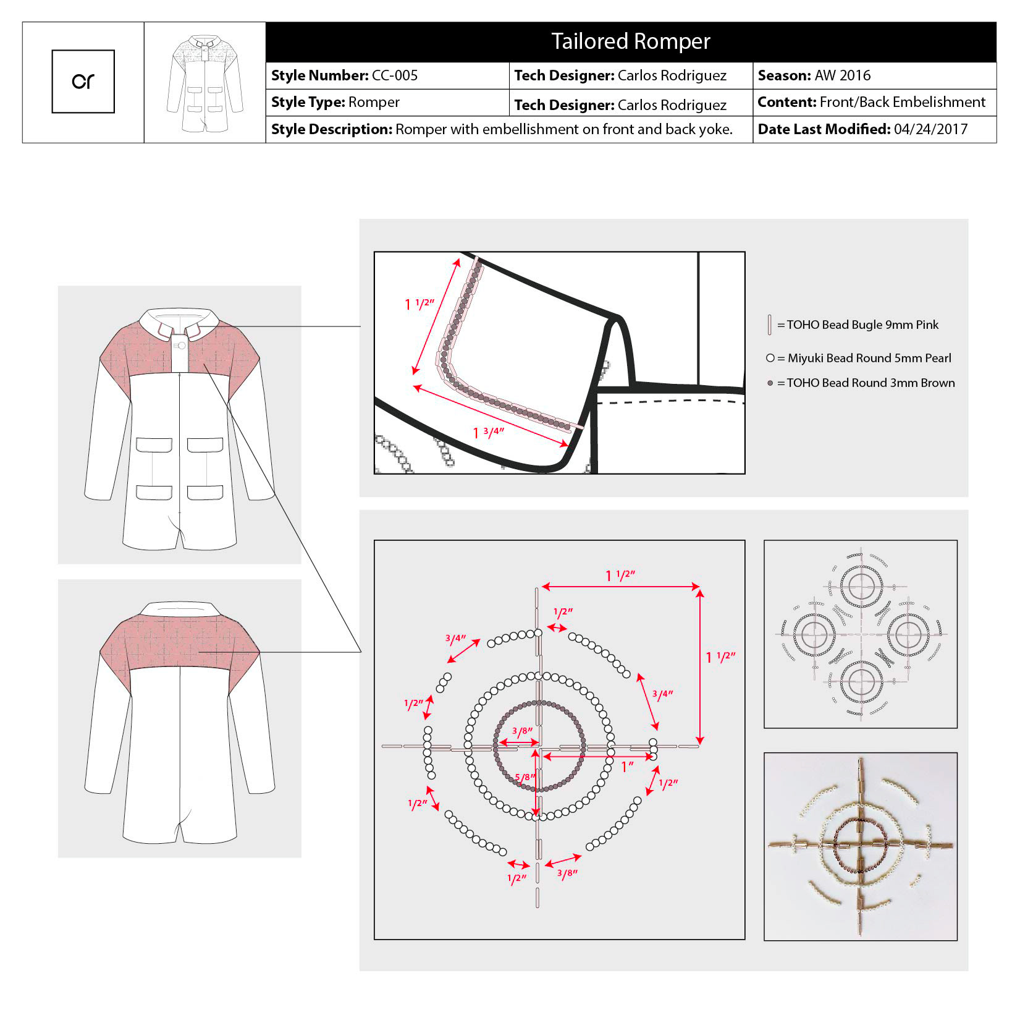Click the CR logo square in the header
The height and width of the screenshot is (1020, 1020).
[x=83, y=82]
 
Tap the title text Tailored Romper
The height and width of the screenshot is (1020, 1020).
[x=630, y=41]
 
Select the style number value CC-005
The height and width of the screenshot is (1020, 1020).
[x=394, y=75]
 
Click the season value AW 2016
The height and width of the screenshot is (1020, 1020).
[x=842, y=75]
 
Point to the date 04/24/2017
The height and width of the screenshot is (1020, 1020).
[x=930, y=129]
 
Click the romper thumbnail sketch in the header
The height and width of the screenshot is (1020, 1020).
[x=204, y=83]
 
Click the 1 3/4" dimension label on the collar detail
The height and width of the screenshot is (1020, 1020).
[x=489, y=432]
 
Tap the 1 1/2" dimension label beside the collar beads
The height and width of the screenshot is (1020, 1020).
[x=419, y=304]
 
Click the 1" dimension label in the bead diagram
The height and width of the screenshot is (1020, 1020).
[x=627, y=767]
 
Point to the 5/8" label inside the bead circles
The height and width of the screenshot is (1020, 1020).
[x=525, y=777]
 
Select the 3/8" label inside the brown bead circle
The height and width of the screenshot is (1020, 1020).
[x=522, y=731]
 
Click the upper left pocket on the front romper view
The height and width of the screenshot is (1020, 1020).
[x=154, y=444]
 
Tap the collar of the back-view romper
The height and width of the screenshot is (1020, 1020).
[x=179, y=608]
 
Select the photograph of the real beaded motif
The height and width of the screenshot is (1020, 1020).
[x=860, y=846]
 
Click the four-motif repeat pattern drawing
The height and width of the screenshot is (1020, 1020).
[x=860, y=634]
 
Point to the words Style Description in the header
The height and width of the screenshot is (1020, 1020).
[x=331, y=129]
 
